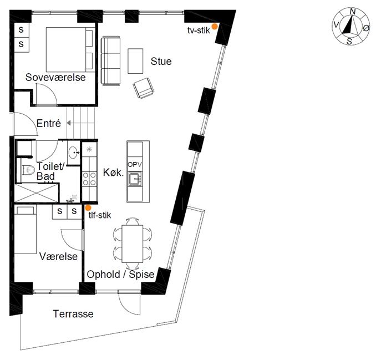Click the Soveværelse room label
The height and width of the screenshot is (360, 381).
55,77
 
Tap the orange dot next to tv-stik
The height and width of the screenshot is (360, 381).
214,27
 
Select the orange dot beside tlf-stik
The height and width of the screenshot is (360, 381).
88,208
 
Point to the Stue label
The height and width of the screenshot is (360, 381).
161,61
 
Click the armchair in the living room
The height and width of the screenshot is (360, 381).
144,88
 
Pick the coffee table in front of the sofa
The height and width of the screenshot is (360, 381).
135,61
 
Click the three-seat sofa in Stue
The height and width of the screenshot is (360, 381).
111,61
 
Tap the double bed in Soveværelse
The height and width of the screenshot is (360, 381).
70,49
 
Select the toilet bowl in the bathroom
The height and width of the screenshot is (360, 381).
29,170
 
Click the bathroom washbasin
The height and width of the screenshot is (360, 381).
73,153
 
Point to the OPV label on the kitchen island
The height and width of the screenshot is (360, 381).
135,165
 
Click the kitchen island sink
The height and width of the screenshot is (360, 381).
135,179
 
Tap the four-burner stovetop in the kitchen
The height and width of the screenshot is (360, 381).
89,179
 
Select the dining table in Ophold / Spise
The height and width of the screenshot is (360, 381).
132,244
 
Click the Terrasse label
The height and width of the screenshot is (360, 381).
73,314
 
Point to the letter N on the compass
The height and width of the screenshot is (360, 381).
353,12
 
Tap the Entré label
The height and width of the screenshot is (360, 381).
49,123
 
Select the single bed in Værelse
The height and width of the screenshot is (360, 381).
26,230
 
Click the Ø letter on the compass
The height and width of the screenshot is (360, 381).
366,28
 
